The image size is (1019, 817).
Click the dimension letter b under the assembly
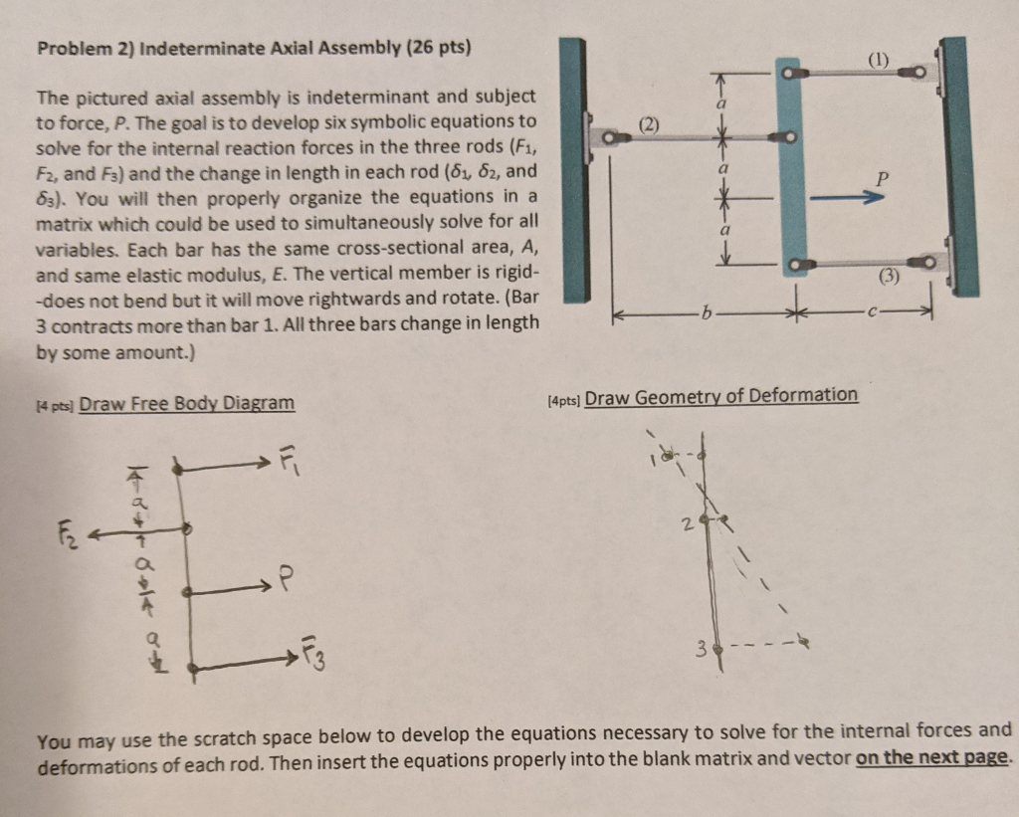pyautogui.click(x=705, y=313)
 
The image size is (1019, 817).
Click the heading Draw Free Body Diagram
pyautogui.click(x=186, y=403)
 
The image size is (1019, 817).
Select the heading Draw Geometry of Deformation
pyautogui.click(x=720, y=396)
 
